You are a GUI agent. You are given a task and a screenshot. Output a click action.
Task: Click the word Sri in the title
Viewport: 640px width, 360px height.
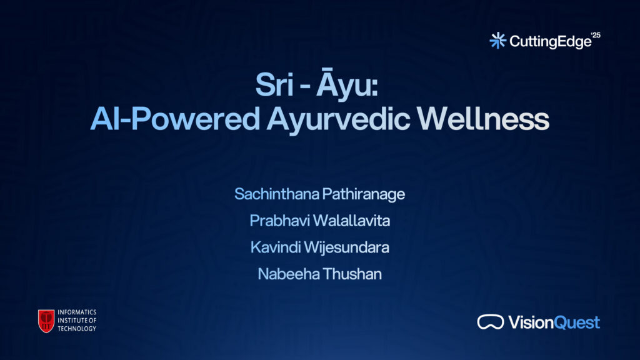pos(275,85)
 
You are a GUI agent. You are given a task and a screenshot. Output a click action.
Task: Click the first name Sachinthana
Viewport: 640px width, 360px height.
pos(277,194)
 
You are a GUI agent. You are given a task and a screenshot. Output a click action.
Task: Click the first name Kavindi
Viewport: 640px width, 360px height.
pos(276,247)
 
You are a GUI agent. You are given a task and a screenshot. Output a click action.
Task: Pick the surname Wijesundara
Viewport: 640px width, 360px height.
pos(346,247)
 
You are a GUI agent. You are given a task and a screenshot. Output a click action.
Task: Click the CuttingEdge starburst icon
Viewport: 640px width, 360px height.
pos(498,41)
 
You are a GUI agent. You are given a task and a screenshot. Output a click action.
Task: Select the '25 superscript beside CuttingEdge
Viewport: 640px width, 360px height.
pos(596,35)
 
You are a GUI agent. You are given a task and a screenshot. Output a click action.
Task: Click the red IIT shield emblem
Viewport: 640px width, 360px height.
pos(46,321)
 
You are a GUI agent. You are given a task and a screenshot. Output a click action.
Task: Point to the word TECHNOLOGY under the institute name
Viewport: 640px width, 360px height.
pos(77,329)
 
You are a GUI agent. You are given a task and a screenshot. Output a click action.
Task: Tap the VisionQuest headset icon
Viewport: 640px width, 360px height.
pos(491,322)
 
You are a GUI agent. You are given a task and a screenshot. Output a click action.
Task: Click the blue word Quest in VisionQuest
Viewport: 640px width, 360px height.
pos(577,322)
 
